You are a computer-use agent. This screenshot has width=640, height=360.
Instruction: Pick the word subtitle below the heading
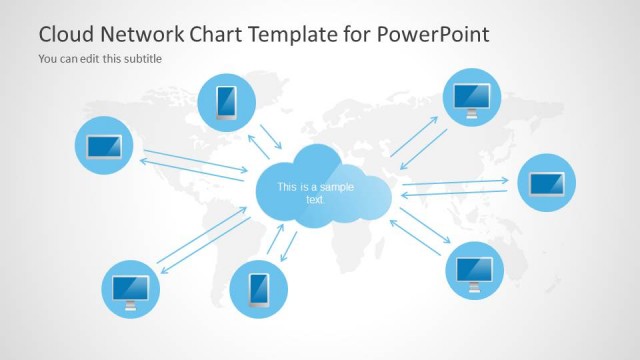(x=142, y=58)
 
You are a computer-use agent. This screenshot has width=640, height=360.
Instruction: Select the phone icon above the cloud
(x=227, y=102)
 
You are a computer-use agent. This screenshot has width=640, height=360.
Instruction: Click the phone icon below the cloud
(x=258, y=289)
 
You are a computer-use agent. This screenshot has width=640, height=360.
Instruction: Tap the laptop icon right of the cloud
(x=546, y=183)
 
